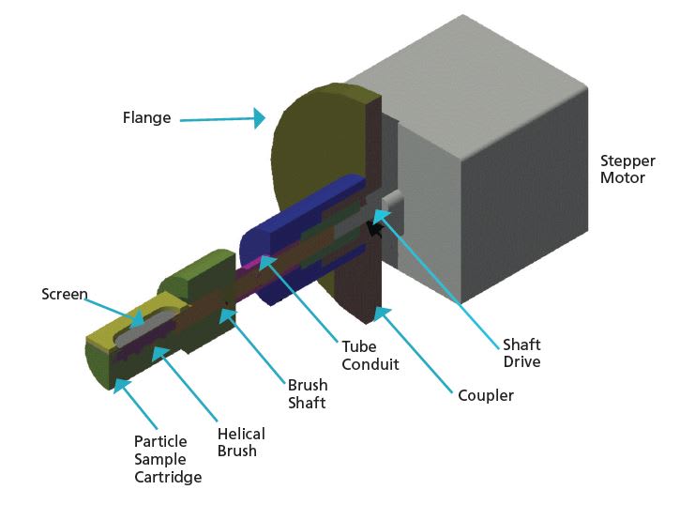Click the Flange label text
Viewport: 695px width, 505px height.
(146, 118)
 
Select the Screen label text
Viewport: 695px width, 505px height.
(65, 295)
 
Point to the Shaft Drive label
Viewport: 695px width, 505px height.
(522, 353)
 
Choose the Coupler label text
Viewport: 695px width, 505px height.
(486, 395)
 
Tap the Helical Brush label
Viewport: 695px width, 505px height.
(241, 442)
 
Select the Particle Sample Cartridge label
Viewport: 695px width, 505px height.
(168, 459)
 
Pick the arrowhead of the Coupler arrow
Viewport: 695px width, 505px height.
(375, 309)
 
